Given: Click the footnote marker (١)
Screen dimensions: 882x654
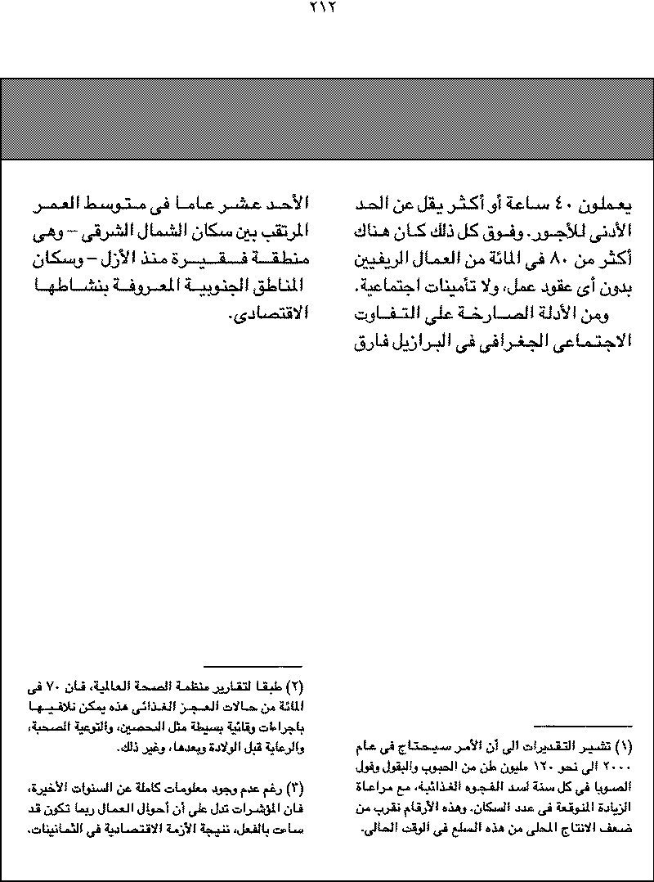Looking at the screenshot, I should pyautogui.click(x=623, y=746).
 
